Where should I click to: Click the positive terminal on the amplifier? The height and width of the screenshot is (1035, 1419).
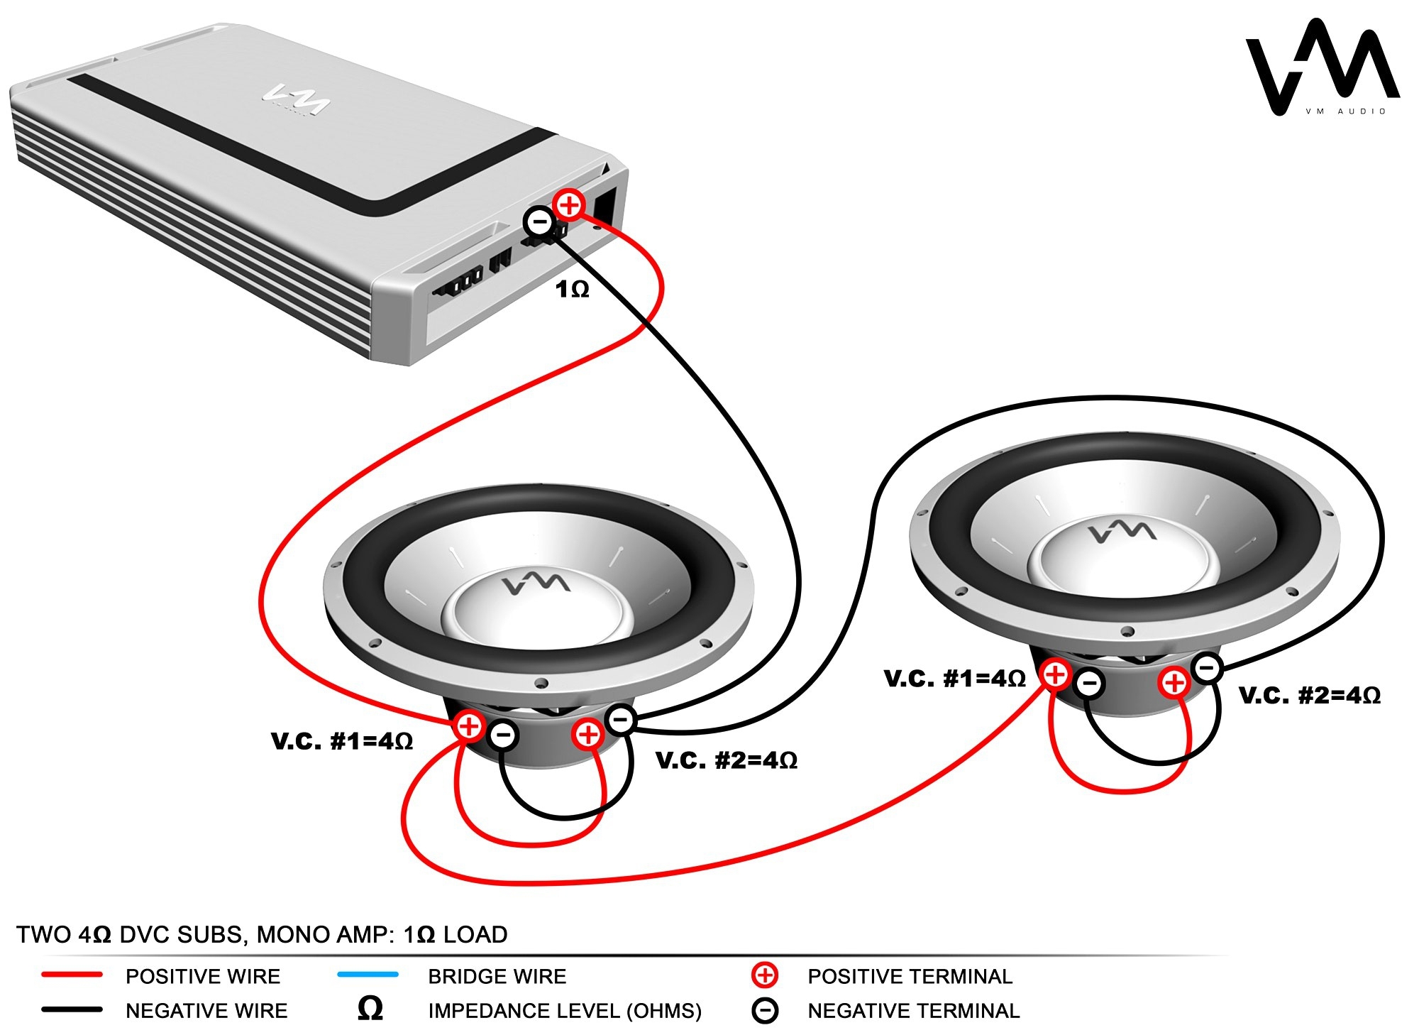[x=568, y=205]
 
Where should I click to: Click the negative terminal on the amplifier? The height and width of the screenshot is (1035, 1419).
[x=539, y=222]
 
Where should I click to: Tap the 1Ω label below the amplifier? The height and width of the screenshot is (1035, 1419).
[x=572, y=290]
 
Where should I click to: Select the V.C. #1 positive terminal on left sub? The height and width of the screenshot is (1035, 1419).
[x=468, y=725]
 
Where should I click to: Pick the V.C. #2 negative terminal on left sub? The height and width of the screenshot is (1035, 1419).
[x=621, y=720]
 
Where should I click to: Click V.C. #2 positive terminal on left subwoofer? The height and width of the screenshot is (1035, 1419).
[x=588, y=733]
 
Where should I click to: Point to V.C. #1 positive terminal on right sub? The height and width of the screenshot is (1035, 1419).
[x=1055, y=674]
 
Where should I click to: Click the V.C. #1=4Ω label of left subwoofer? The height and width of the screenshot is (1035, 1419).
[x=342, y=742]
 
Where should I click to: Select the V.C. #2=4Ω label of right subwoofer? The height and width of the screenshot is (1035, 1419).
[x=1310, y=695]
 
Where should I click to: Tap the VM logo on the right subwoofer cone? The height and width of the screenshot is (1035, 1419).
[x=1122, y=531]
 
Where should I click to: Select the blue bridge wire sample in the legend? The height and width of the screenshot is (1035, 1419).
[x=368, y=975]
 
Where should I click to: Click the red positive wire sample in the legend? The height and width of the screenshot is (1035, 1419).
[x=72, y=975]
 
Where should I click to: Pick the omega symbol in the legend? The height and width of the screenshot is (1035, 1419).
[x=370, y=1009]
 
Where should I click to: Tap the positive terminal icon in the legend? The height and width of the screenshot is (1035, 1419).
[x=764, y=975]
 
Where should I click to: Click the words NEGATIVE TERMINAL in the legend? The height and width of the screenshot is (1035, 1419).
[x=913, y=1010]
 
